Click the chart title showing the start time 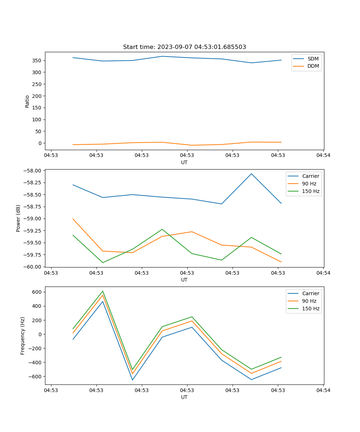pyautogui.click(x=184, y=47)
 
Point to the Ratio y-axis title pyautogui.click(x=27, y=101)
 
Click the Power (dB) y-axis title pyautogui.click(x=18, y=218)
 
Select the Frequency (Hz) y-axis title pyautogui.click(x=23, y=336)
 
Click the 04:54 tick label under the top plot pyautogui.click(x=323, y=156)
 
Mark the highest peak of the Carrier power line pyautogui.click(x=251, y=174)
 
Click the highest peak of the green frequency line pyautogui.click(x=103, y=291)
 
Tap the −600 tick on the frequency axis pyautogui.click(x=36, y=377)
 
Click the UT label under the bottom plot pyautogui.click(x=184, y=397)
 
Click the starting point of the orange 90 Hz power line pyautogui.click(x=73, y=219)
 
